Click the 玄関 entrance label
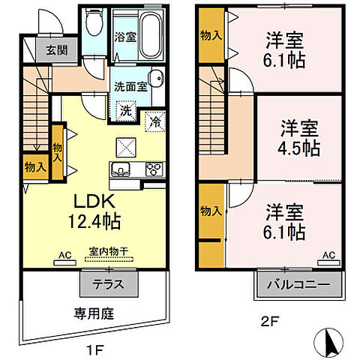click(50, 50)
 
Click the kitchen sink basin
click(121, 167)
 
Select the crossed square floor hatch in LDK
click(125, 146)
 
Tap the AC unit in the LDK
click(65, 262)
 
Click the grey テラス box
click(109, 285)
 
